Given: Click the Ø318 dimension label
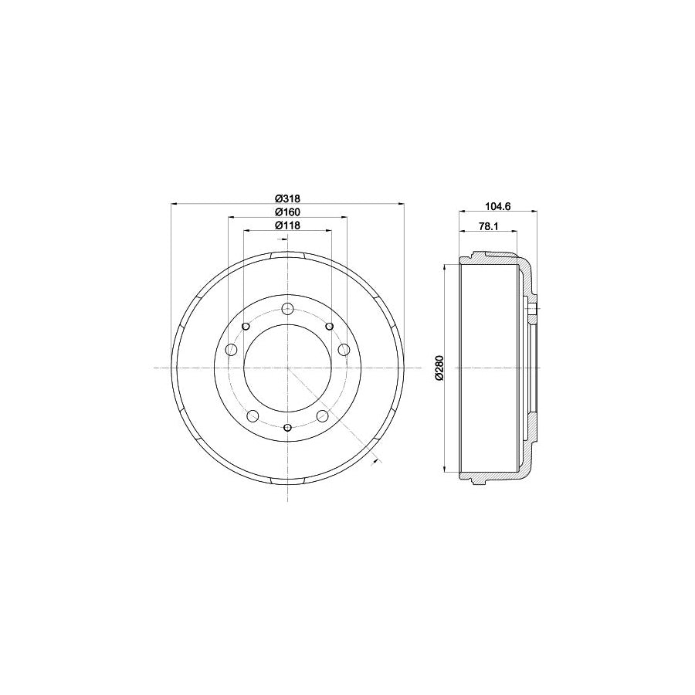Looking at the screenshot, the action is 288,198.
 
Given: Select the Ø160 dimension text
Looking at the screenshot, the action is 288,212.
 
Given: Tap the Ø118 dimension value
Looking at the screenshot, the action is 288,225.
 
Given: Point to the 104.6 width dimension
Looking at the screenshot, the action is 498,205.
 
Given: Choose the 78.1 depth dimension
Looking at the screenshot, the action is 489,226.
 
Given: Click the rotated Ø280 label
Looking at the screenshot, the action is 439,368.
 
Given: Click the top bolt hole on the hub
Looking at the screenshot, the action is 288,308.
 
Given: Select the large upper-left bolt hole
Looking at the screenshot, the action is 232,349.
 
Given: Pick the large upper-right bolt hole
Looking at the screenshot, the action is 344,349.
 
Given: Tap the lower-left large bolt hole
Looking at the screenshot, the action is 253,415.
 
